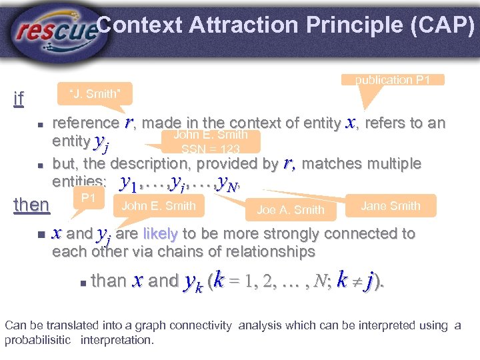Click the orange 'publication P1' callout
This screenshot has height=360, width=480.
(x=392, y=80)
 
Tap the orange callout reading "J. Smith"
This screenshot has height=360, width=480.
(x=95, y=94)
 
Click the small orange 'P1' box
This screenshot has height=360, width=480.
(x=88, y=199)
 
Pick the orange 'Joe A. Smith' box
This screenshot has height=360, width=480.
(x=290, y=209)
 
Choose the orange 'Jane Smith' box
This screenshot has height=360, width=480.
(x=390, y=205)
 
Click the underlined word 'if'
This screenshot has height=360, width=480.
(x=19, y=99)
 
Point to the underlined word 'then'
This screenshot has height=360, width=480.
(x=31, y=204)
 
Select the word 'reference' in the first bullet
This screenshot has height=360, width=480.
(x=85, y=123)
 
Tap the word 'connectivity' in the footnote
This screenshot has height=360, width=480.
(x=199, y=325)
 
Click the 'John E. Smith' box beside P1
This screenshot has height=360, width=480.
(x=159, y=205)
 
